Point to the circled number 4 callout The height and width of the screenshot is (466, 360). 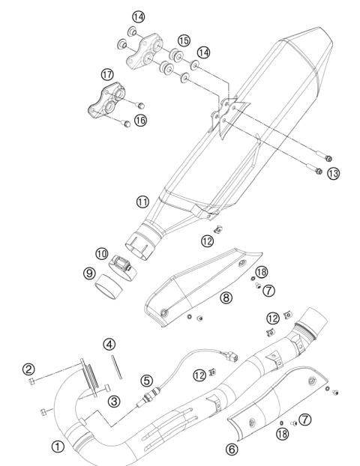pos(110,345)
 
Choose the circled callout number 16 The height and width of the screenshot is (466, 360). pos(140,119)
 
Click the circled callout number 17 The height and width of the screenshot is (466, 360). pos(107,74)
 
